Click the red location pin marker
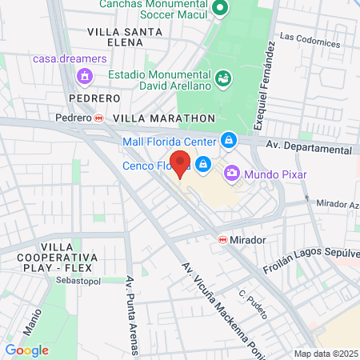[181, 163]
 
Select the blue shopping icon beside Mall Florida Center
[229, 140]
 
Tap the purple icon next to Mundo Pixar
[231, 172]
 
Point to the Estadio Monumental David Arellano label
[159, 78]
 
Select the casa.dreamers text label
[71, 58]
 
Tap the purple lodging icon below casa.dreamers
[82, 75]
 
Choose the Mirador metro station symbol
[222, 239]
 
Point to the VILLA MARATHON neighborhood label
[165, 117]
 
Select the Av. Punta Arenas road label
[130, 315]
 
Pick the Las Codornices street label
[310, 38]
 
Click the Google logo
[26, 350]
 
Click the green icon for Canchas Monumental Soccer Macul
[223, 10]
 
